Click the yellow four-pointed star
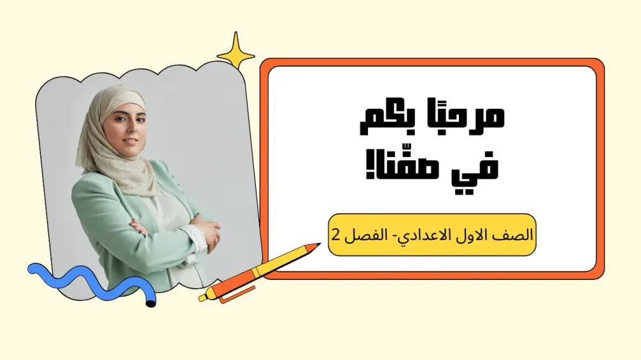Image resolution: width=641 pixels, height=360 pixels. pos(235,51)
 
